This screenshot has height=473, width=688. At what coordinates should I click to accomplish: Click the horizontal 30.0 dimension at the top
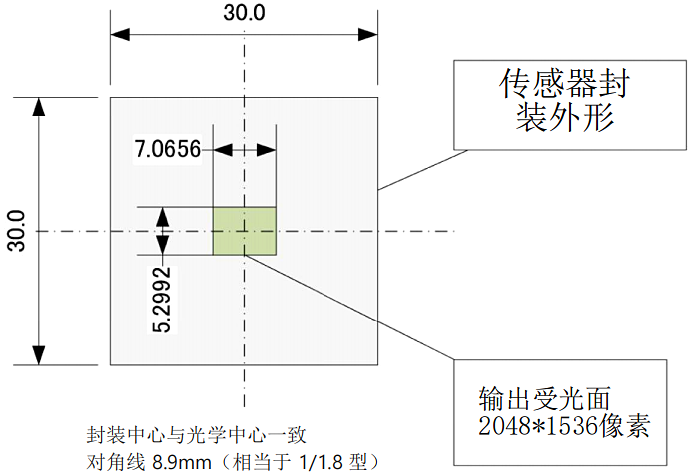[243, 13]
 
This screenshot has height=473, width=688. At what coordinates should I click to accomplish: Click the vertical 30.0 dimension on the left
[15, 232]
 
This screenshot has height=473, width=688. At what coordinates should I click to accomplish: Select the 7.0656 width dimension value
[168, 151]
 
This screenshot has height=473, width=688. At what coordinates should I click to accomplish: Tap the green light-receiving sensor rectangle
[244, 231]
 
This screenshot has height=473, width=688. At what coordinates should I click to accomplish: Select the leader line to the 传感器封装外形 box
[414, 170]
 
